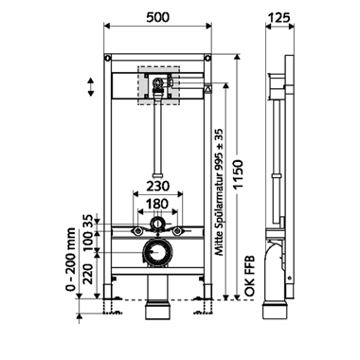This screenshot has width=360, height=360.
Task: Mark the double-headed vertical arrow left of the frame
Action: [x=90, y=86]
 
